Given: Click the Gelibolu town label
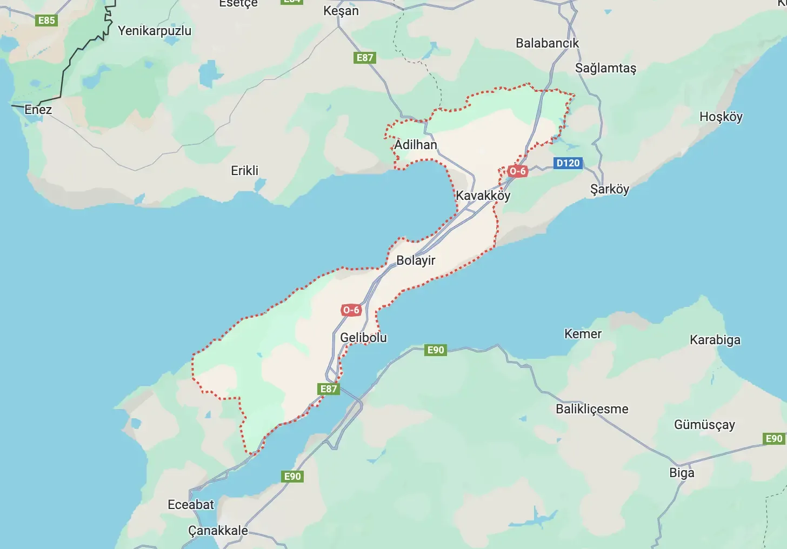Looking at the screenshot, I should point(363,338).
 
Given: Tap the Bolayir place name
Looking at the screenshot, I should point(416,260).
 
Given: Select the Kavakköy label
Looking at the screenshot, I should point(483,196).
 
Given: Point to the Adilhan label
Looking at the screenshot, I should point(415,145).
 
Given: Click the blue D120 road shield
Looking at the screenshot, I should point(568,163).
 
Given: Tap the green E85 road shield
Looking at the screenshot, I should point(46,21).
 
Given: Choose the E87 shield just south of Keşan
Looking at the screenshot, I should point(365,58).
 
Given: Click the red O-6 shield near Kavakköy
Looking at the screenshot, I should point(517,171).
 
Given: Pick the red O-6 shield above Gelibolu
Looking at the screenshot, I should point(351,310).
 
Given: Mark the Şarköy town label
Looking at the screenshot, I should point(609,189).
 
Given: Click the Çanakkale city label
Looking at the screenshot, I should point(218,531).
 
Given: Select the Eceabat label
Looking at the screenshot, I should point(191,505).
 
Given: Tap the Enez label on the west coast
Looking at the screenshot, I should point(38,110).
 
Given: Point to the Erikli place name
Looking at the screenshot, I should point(245,171).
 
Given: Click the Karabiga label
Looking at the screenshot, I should point(715,340).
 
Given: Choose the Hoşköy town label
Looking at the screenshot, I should point(721,117).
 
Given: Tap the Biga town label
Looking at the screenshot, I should point(682,473).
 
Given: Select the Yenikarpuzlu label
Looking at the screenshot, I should point(155,31).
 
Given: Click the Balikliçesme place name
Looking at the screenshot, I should point(592,409).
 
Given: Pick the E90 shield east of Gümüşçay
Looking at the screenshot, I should point(774,439).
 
